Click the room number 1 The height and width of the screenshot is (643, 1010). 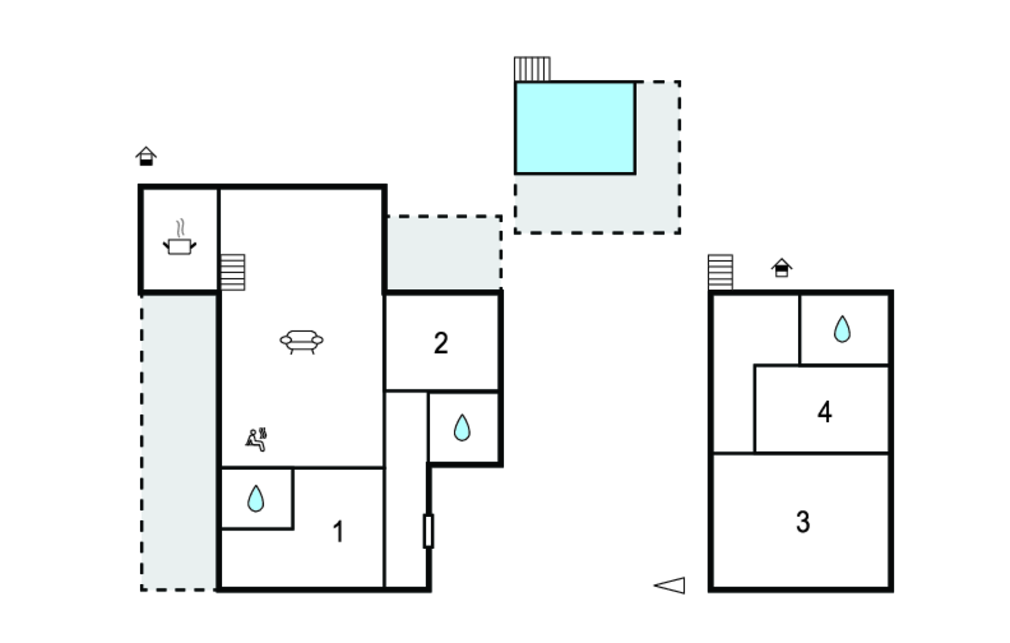338,531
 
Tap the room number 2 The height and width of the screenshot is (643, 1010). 441,343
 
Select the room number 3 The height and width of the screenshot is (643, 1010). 803,522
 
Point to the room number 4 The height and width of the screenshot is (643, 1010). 825,412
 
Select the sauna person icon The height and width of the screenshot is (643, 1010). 256,439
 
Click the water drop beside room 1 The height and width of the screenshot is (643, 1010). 255,498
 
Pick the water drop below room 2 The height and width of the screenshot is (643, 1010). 462,427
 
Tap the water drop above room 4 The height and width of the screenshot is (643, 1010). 842,329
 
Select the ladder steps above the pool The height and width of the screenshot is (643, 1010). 532,69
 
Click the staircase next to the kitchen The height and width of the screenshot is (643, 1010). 232,272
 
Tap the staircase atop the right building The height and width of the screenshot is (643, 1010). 720,272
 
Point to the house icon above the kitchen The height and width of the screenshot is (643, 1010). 146,156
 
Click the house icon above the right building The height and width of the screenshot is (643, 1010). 781,268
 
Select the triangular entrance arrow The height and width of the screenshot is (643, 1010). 671,585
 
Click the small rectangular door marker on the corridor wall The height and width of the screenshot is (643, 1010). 428,531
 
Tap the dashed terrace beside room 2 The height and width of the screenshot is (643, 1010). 443,253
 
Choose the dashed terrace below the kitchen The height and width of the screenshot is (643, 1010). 179,441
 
